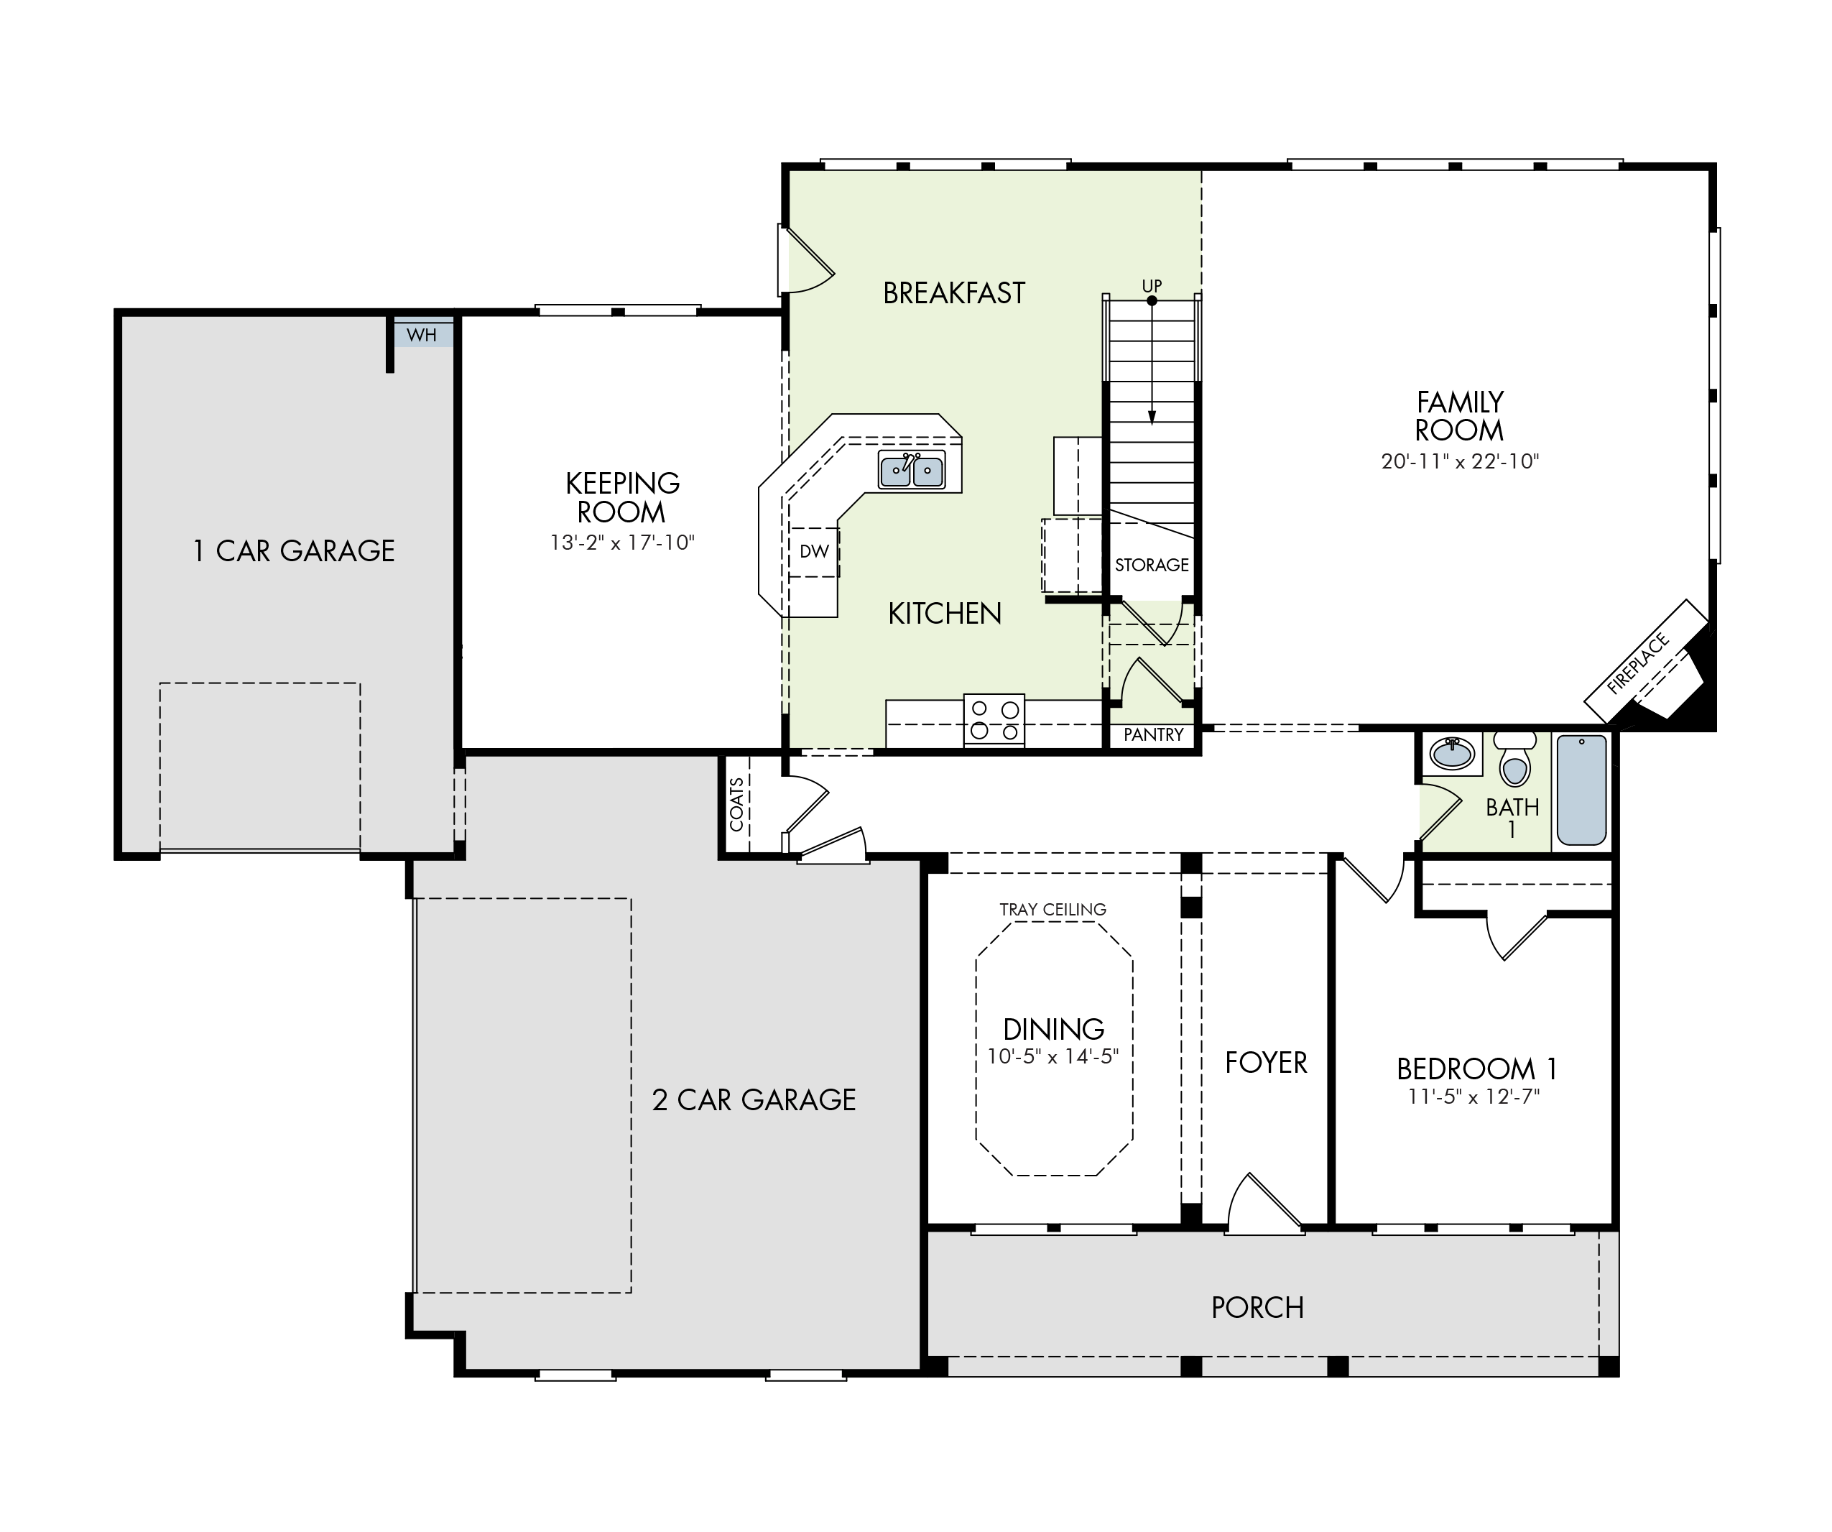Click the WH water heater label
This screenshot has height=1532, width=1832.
pyautogui.click(x=421, y=335)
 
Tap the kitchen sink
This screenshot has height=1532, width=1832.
pyautogui.click(x=912, y=470)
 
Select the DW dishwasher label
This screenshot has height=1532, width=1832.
pyautogui.click(x=814, y=551)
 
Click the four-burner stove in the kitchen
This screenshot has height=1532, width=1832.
pyautogui.click(x=994, y=720)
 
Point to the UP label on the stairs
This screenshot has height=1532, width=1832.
pyautogui.click(x=1152, y=286)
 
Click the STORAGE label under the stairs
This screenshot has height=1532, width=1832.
pyautogui.click(x=1152, y=566)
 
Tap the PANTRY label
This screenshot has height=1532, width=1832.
pyautogui.click(x=1153, y=734)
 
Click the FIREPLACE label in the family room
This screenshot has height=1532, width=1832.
pyautogui.click(x=1637, y=663)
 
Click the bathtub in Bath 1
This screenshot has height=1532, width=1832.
pyautogui.click(x=1582, y=790)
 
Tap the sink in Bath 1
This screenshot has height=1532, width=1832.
pyautogui.click(x=1453, y=753)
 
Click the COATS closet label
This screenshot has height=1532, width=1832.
pyautogui.click(x=737, y=804)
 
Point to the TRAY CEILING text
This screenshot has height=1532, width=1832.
pyautogui.click(x=1053, y=909)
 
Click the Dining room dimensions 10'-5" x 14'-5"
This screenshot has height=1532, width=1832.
pyautogui.click(x=1053, y=1056)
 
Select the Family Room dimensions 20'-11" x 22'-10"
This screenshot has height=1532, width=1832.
pyautogui.click(x=1461, y=461)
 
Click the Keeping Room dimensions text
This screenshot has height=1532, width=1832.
pyautogui.click(x=622, y=543)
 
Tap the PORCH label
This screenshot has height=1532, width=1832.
pyautogui.click(x=1257, y=1308)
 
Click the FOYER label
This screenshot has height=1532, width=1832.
pyautogui.click(x=1266, y=1063)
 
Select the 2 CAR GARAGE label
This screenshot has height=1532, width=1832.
pyautogui.click(x=754, y=1100)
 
